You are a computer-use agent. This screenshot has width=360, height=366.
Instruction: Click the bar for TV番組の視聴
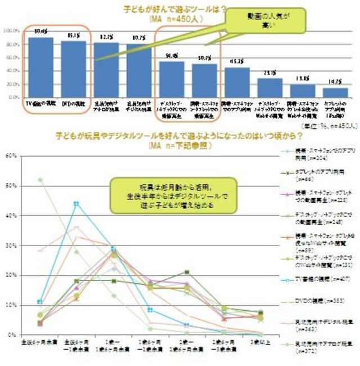tap(41, 67)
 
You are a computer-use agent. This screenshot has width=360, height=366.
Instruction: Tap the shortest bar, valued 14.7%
tap(335, 92)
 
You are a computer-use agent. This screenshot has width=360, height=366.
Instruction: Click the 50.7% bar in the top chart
tap(204, 81)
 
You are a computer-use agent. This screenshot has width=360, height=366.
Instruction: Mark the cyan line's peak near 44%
tap(76, 203)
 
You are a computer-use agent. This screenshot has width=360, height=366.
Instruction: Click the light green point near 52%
tap(40, 180)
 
